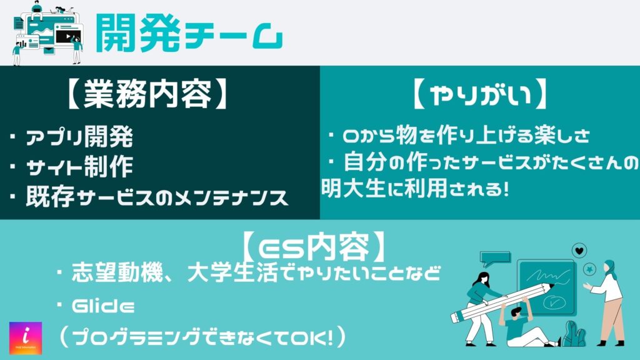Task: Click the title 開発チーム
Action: click(189, 34)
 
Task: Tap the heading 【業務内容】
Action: click(147, 94)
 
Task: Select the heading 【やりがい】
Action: click(480, 94)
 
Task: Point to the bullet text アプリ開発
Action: click(79, 137)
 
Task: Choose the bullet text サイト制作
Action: click(79, 167)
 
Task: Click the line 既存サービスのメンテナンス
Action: click(157, 197)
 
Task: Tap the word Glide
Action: click(103, 306)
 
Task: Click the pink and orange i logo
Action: click(26, 338)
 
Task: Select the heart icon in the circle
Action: click(579, 250)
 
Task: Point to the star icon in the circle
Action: click(589, 269)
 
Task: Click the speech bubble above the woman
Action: click(495, 259)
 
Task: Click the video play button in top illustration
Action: click(67, 37)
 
